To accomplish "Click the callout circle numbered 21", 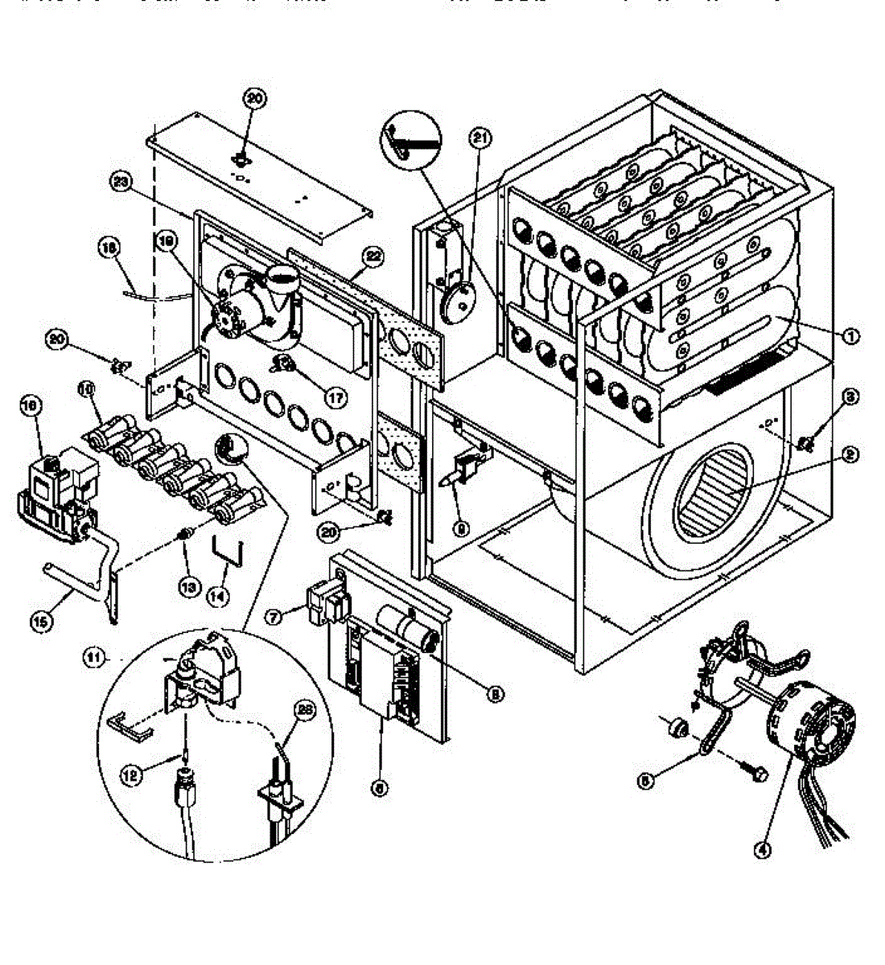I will [x=480, y=139].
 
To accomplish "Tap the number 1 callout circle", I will [x=850, y=336].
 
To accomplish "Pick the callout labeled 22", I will [x=372, y=258].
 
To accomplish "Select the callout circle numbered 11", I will [x=95, y=657].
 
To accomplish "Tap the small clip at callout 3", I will [x=805, y=441].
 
